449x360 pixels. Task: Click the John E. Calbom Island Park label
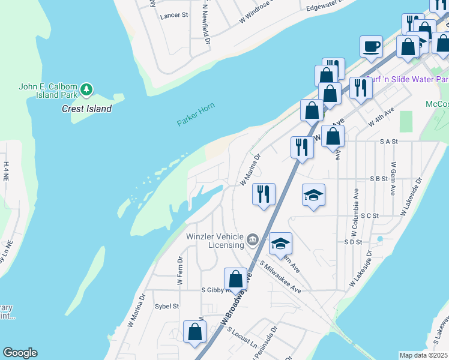point(48,90)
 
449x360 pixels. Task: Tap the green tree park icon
point(87,89)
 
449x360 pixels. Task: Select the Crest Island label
point(86,109)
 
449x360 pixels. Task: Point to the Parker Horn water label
point(196,115)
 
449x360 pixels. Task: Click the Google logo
point(20,353)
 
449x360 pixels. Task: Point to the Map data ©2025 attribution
point(423,355)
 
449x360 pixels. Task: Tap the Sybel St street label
point(167,306)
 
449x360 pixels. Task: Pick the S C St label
point(370,215)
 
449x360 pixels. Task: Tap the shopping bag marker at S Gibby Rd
point(236,279)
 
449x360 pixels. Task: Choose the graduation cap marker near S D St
point(280,244)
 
